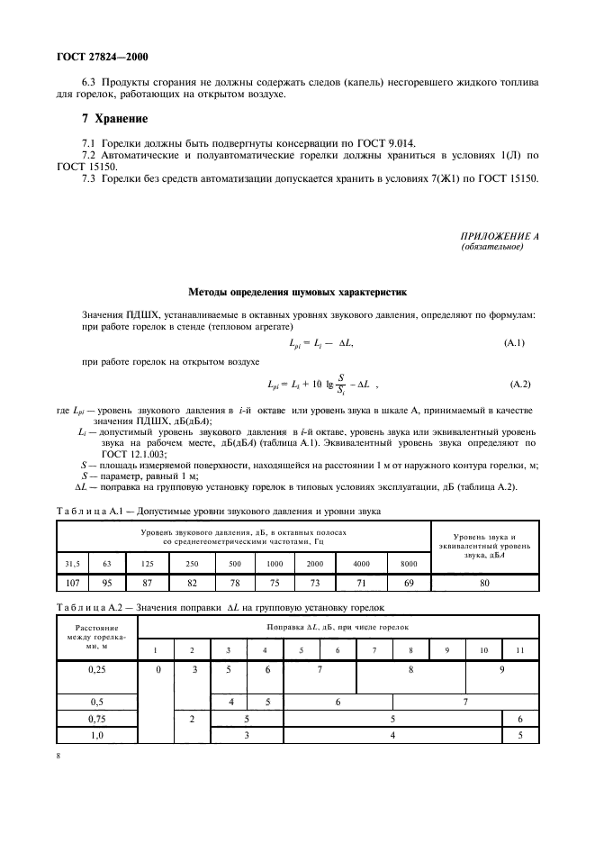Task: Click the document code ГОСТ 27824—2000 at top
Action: [x=86, y=57]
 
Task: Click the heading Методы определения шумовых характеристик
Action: [x=297, y=292]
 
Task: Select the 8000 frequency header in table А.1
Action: [x=409, y=564]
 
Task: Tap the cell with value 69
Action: [x=409, y=584]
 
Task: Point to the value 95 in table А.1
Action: [x=107, y=584]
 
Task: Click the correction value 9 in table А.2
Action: [x=501, y=671]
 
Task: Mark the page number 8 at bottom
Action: [x=58, y=755]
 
